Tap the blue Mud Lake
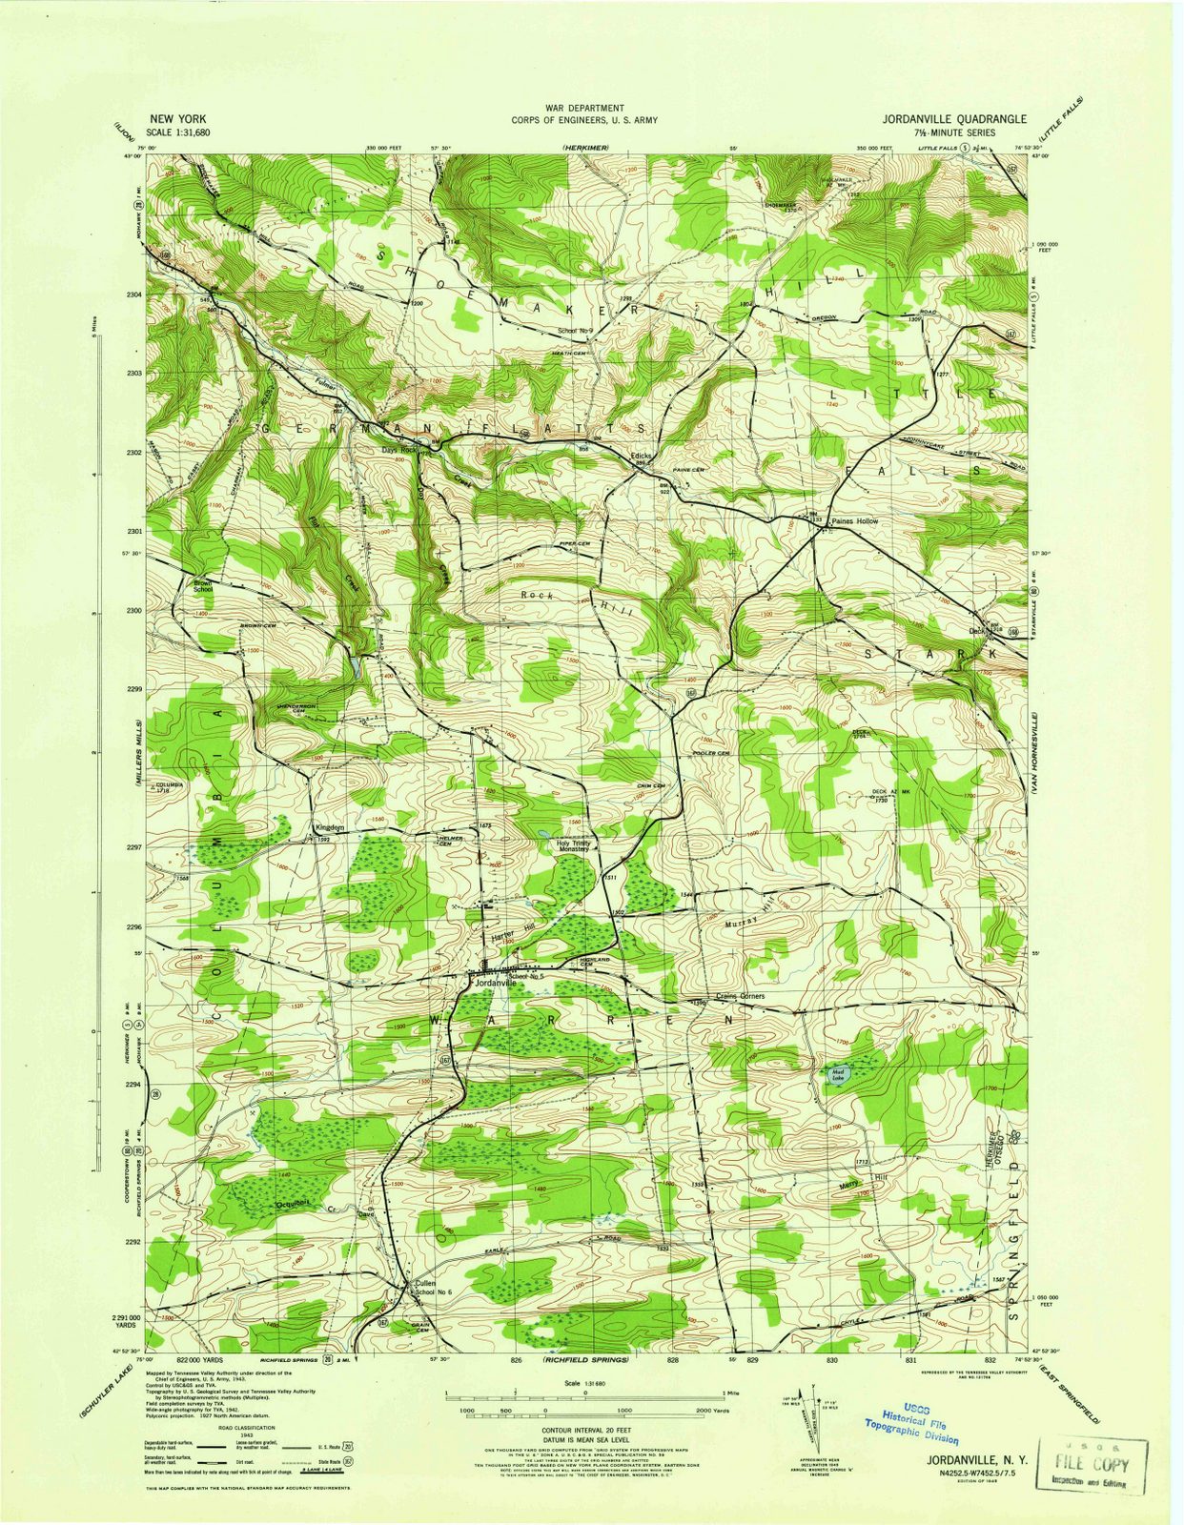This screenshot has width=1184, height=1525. coord(839,1074)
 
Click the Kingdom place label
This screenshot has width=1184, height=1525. coord(329,828)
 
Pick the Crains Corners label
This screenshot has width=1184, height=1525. coord(740,996)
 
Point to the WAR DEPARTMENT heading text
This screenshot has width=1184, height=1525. coord(584,109)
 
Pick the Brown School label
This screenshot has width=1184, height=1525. coord(203,586)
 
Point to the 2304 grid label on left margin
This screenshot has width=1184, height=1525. coord(133,295)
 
